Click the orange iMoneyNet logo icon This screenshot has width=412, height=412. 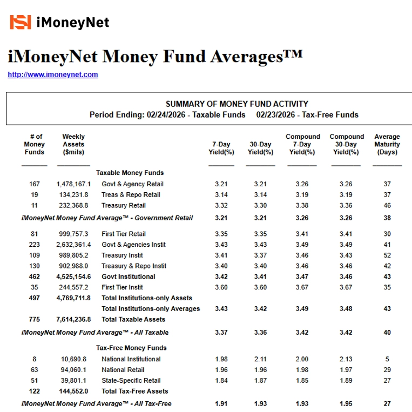pos(21,22)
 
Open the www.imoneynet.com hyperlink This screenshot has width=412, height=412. pos(53,75)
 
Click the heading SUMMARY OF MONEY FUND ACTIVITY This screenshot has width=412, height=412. pos(237,104)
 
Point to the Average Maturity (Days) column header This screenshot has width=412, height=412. pos(387,144)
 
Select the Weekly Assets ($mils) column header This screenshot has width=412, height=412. pos(73,144)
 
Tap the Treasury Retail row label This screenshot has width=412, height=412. pos(124,205)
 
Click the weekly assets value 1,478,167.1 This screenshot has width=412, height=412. pos(73,184)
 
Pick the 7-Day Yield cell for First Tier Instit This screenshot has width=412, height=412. pos(221,287)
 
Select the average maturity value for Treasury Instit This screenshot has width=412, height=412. pos(387,255)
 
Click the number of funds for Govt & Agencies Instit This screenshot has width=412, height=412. pos(35,245)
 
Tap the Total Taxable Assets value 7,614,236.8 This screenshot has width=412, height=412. pos(73,319)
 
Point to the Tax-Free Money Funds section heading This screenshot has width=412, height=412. pos(131,348)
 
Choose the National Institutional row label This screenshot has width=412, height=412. pos(131,359)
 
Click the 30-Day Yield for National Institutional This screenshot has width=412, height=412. pos(260,359)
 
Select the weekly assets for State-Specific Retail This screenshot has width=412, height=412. pos(73,380)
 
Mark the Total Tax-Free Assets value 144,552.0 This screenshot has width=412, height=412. pos(73,391)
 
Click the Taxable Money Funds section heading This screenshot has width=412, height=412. pos(130,173)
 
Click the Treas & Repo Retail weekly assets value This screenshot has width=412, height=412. pos(73,194)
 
